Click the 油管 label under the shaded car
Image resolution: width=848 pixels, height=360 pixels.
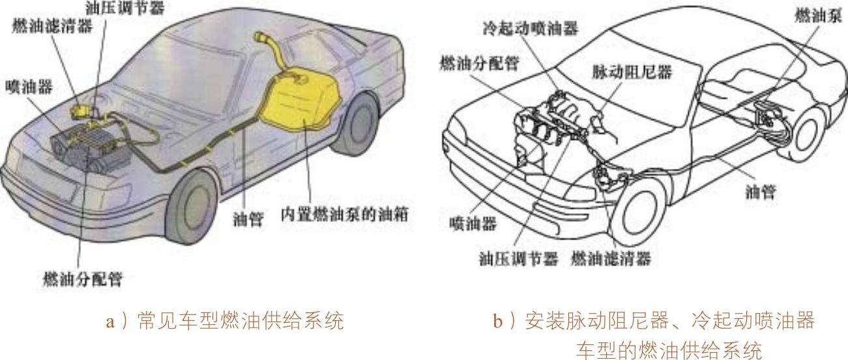pyautogui.click(x=248, y=220)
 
